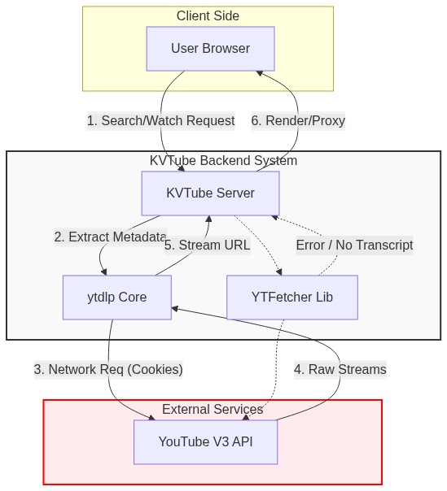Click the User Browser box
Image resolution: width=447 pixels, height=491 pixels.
[x=210, y=49]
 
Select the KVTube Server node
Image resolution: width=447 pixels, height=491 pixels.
[x=210, y=193]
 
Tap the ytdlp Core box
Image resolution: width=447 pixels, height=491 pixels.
[x=116, y=298]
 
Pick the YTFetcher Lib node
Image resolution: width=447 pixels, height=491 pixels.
[x=291, y=298]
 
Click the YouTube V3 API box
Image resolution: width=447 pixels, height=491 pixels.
[x=205, y=442]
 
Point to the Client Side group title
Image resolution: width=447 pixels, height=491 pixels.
[x=208, y=16]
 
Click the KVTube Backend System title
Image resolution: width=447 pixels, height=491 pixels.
[x=223, y=161]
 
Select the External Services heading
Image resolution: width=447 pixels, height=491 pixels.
[x=212, y=409]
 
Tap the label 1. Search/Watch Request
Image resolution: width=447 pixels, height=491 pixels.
[x=160, y=121]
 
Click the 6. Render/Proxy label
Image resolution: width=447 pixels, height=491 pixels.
[x=297, y=121]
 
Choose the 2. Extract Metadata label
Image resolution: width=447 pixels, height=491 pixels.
[x=110, y=237]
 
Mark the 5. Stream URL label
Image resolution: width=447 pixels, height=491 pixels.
[x=207, y=245]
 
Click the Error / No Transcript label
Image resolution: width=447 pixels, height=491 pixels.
[x=353, y=245]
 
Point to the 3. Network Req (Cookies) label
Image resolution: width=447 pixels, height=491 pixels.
[x=107, y=369]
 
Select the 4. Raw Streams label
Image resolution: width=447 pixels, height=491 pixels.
[x=340, y=369]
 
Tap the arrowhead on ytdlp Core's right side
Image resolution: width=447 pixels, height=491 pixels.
[x=175, y=309]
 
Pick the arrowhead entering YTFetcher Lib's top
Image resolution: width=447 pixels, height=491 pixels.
[x=280, y=272]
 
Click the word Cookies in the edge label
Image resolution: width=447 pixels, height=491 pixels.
[x=156, y=369]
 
